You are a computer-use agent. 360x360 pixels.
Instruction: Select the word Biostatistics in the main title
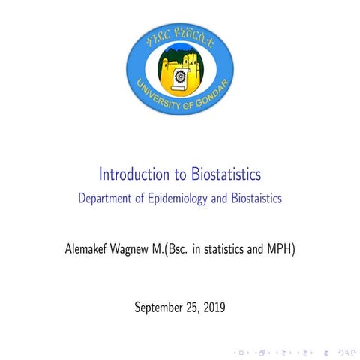pos(223,175)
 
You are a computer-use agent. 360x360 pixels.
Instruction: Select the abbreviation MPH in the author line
pos(278,248)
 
